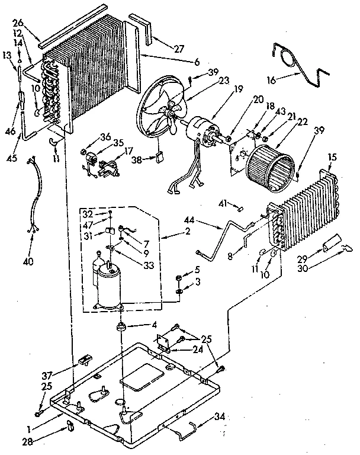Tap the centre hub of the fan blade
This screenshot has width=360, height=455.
(x=172, y=111)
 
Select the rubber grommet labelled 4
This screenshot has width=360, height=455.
(x=123, y=326)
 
